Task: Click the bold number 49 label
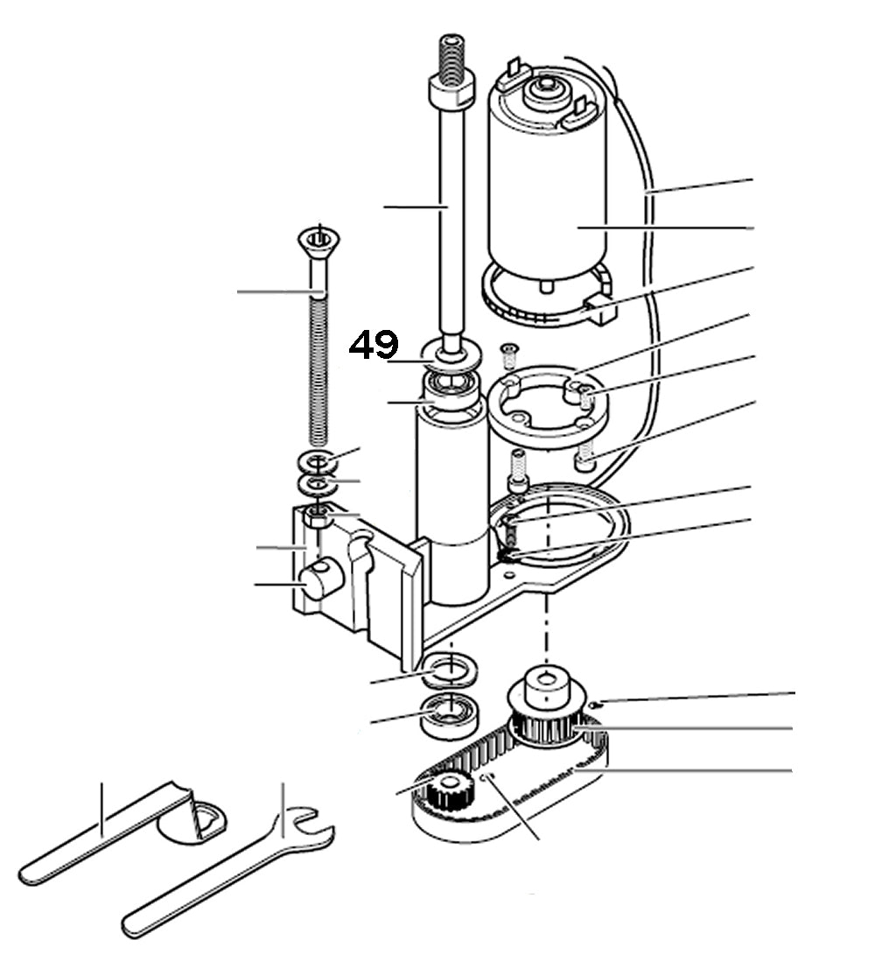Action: click(374, 345)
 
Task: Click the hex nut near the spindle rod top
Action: click(450, 89)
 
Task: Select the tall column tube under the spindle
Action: click(451, 508)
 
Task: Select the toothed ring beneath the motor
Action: click(542, 302)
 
